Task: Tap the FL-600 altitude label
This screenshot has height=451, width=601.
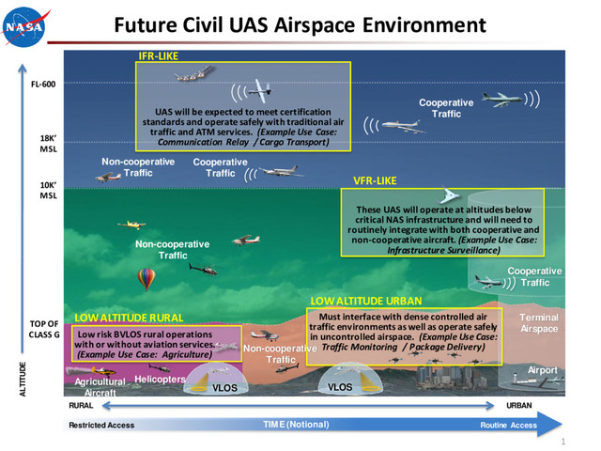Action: click(42, 85)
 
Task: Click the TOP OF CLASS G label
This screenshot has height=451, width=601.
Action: click(44, 329)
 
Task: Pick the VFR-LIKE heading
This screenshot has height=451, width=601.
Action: click(375, 179)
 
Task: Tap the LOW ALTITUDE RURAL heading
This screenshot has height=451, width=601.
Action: click(129, 318)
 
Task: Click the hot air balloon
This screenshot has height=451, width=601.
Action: click(146, 279)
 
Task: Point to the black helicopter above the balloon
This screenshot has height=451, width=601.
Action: click(203, 268)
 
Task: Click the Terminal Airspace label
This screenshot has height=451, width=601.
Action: click(539, 323)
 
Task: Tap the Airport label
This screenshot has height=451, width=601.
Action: click(542, 370)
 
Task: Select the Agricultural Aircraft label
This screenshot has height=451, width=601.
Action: click(100, 387)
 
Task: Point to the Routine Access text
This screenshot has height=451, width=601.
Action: click(508, 426)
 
